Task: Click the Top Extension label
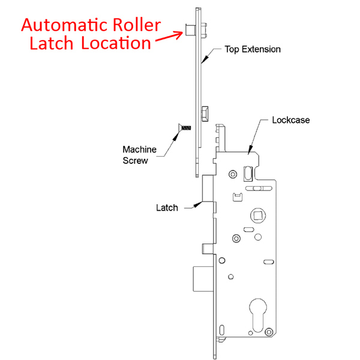pyautogui.click(x=252, y=49)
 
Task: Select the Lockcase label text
pyautogui.click(x=290, y=120)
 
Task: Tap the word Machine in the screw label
pyautogui.click(x=140, y=149)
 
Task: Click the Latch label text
pyautogui.click(x=167, y=208)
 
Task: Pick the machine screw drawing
pyautogui.click(x=184, y=128)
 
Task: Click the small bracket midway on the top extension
pyautogui.click(x=205, y=112)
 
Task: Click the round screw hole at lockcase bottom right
pyautogui.click(x=269, y=331)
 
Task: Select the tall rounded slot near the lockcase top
pyautogui.click(x=248, y=173)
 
